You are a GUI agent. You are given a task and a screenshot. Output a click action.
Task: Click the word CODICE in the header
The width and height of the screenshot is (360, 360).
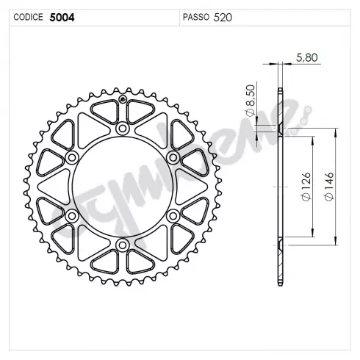pyautogui.click(x=28, y=17)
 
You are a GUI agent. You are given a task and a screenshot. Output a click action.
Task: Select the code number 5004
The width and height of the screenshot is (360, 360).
pyautogui.click(x=62, y=18)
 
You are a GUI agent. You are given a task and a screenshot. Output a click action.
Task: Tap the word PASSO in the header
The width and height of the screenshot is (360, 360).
pyautogui.click(x=196, y=17)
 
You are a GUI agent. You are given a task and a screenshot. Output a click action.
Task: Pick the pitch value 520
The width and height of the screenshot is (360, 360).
pyautogui.click(x=223, y=18)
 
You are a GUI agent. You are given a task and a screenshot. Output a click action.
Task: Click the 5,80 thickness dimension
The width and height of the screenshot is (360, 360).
pyautogui.click(x=307, y=57)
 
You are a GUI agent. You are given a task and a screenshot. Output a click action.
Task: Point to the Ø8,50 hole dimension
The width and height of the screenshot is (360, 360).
pyautogui.click(x=250, y=101)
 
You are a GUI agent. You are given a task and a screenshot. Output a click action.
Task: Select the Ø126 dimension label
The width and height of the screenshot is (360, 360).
pyautogui.click(x=306, y=187)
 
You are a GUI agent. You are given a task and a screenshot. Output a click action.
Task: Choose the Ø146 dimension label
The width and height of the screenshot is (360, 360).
pyautogui.click(x=329, y=186)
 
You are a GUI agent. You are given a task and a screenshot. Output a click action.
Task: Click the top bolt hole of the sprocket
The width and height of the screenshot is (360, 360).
pyautogui.click(x=123, y=129)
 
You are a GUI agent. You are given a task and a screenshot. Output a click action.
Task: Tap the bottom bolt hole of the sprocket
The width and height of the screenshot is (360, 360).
pyautogui.click(x=123, y=245)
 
